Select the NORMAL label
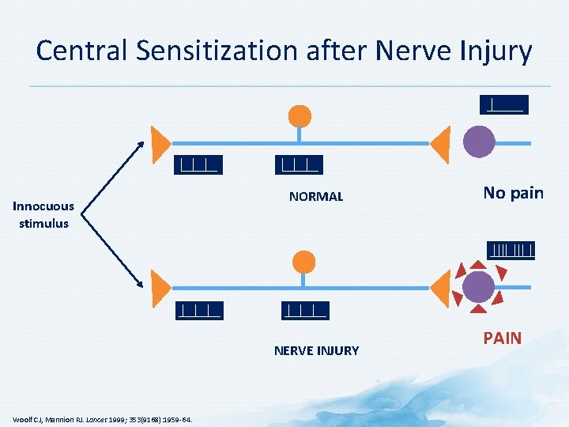316,196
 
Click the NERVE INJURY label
316,350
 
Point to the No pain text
513,193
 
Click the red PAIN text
503,338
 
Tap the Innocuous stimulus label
44,214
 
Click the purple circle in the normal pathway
478,142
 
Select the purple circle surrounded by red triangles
478,287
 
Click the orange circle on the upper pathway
300,115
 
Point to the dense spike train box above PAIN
511,251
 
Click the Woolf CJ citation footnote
102,418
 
